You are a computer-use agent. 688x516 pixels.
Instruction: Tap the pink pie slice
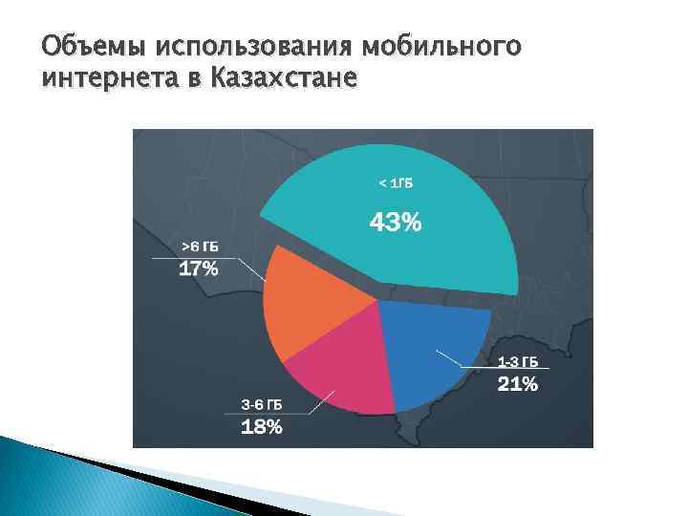point(334,368)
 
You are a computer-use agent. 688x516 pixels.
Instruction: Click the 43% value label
point(396,224)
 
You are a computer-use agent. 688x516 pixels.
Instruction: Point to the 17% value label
point(199,269)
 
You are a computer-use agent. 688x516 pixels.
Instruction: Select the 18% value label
point(261,427)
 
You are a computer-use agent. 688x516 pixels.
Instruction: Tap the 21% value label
point(517,385)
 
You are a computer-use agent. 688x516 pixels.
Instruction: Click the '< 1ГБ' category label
point(396,183)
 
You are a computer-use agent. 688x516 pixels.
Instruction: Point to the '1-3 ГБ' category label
point(517,362)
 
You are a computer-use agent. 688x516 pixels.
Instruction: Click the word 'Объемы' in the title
point(92,45)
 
